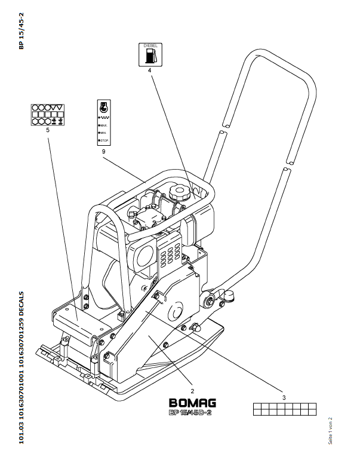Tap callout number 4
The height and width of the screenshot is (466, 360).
[149, 70]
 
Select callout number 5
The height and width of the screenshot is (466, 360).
[47, 130]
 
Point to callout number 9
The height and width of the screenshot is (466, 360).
[103, 152]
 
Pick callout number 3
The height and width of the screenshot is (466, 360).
[283, 397]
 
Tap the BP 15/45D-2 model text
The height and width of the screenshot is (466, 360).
[191, 412]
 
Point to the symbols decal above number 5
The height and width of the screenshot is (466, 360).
[47, 114]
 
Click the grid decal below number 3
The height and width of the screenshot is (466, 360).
[283, 409]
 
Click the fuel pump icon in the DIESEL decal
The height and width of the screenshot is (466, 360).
[149, 56]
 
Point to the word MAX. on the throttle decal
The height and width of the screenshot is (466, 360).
[104, 125]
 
